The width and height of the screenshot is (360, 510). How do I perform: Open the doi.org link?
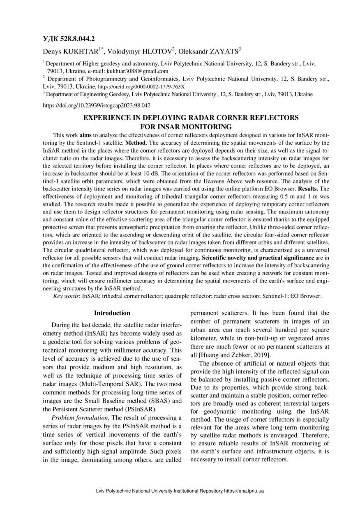(97, 106)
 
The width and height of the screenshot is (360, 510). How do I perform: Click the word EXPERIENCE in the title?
(107, 118)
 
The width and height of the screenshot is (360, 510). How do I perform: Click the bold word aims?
(85, 135)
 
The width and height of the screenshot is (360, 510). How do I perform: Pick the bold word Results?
(307, 189)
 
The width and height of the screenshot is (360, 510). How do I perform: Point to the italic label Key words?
(67, 296)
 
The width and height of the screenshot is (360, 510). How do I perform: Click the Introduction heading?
(112, 313)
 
